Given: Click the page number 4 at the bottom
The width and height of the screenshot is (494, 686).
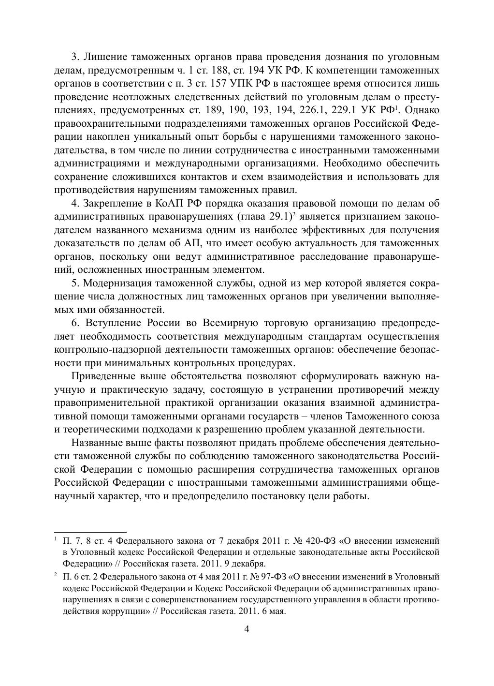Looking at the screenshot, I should tap(247, 629).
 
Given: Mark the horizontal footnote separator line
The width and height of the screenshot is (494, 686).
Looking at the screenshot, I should tap(90, 531).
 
